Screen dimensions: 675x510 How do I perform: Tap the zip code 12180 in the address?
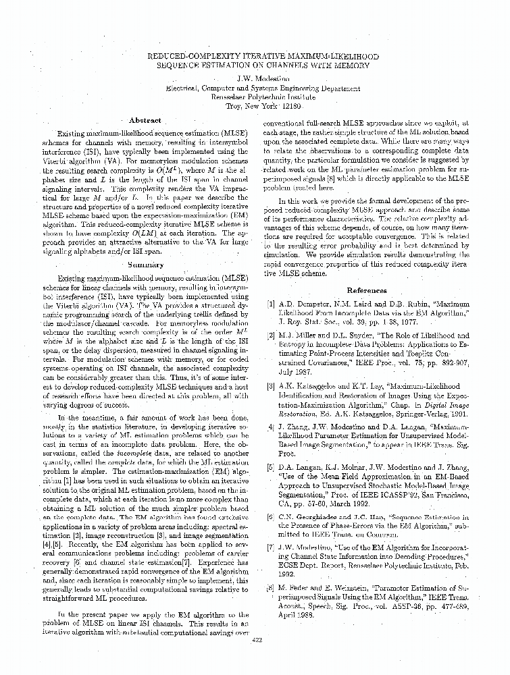coord(296,106)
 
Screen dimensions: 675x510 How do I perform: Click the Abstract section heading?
coord(145,120)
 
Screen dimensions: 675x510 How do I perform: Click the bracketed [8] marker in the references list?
coord(271,588)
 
